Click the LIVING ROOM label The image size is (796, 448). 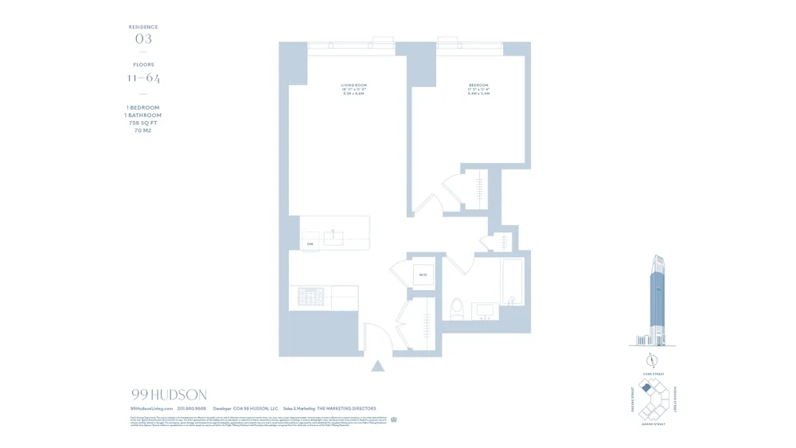click(x=353, y=85)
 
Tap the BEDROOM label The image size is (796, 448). click(x=478, y=85)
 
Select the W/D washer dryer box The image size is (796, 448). click(x=423, y=275)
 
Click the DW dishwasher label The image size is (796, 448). click(x=310, y=244)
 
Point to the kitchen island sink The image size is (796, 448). click(x=334, y=237)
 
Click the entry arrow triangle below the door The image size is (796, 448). click(x=378, y=366)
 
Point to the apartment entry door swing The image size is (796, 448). click(x=376, y=336)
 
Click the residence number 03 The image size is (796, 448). click(x=143, y=39)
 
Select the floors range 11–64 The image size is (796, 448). click(x=143, y=78)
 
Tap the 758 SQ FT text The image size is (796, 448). click(x=143, y=123)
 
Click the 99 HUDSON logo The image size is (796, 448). click(x=169, y=395)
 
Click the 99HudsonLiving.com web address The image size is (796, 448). click(x=151, y=408)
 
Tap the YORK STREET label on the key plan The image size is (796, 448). click(x=653, y=374)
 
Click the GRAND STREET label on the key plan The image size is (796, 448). click(x=653, y=424)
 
